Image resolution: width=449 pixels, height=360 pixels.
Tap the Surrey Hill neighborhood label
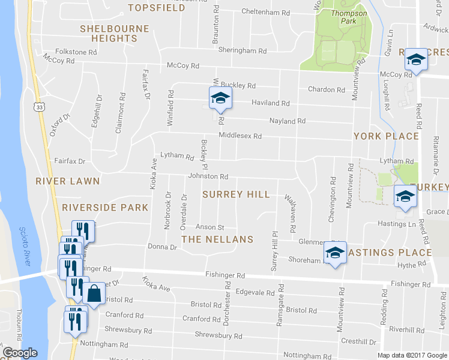236,194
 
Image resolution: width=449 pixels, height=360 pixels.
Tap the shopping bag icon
95,294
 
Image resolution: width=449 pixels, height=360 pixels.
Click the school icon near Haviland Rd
220,98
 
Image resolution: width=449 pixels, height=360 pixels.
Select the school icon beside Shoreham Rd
335,252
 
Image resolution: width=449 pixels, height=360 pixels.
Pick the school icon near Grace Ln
405,196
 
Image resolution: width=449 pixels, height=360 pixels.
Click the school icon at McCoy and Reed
415,59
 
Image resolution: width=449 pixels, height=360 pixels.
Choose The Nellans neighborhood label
217,239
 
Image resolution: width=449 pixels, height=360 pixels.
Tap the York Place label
385,136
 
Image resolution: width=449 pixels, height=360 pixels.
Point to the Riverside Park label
105,208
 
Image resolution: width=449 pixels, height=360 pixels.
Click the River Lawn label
67,181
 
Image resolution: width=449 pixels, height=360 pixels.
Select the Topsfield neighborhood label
157,8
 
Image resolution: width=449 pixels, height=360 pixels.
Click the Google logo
20,353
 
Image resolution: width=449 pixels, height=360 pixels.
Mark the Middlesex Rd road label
240,136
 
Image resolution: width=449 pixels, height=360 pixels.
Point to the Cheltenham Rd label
266,12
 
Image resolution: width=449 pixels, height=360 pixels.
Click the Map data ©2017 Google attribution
411,355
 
